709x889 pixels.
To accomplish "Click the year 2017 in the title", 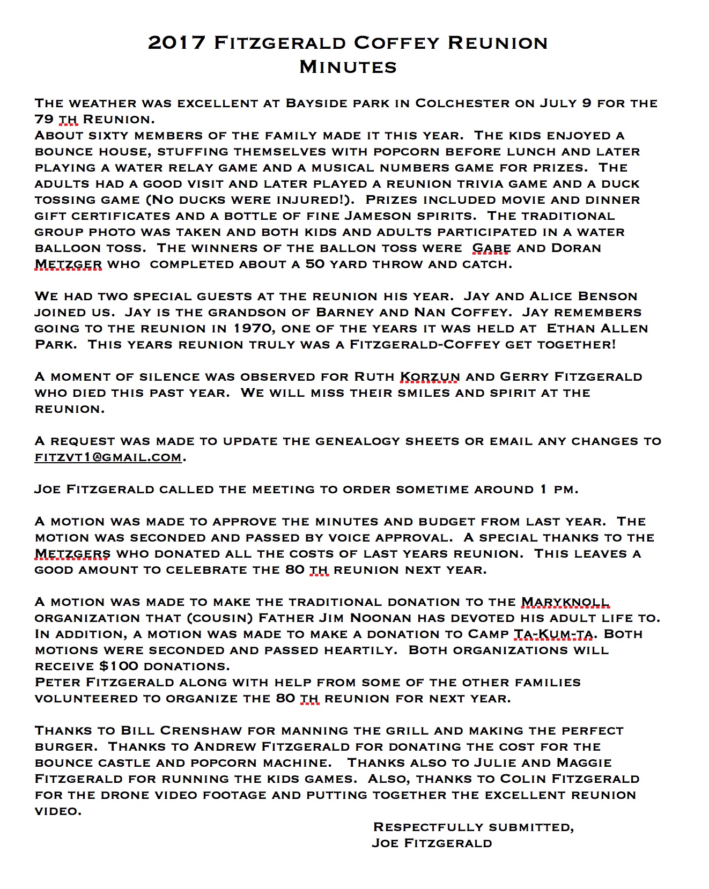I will (176, 43).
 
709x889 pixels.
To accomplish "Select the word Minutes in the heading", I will (348, 67).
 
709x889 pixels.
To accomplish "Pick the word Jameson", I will (382, 216).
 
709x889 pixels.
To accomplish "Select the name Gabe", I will (491, 248).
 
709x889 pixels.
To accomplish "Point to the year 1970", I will (254, 329).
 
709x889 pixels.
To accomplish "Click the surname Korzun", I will (430, 377).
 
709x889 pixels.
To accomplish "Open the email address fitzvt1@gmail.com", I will (108, 457).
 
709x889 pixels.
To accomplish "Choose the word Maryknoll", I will (565, 602).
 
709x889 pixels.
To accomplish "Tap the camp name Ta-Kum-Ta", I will (553, 634).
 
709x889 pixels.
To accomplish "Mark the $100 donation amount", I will (119, 666).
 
